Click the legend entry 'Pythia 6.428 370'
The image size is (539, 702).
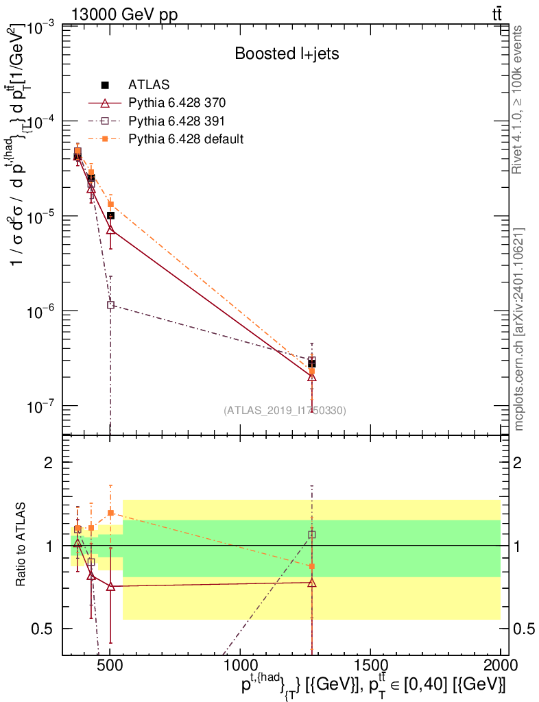pos(177,104)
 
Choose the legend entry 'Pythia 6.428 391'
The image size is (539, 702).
pos(177,121)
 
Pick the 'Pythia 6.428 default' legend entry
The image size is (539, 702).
pos(186,139)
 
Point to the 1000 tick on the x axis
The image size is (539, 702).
pos(240,665)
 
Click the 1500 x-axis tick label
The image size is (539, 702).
pos(370,665)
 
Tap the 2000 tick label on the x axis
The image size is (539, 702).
pos(501,665)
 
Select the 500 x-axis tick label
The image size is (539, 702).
pos(110,665)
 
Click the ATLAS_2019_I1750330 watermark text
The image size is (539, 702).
pos(285,411)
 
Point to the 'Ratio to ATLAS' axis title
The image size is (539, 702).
pos(22,545)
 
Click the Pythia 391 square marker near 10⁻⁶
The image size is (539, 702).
pos(110,305)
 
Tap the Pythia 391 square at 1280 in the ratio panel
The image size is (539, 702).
pos(312,534)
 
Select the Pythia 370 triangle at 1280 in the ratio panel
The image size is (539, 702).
pos(312,583)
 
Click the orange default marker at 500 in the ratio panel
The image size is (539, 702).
pos(110,513)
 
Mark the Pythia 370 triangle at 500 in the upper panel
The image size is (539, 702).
pos(110,230)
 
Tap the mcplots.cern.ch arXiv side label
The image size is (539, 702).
pos(519,329)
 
